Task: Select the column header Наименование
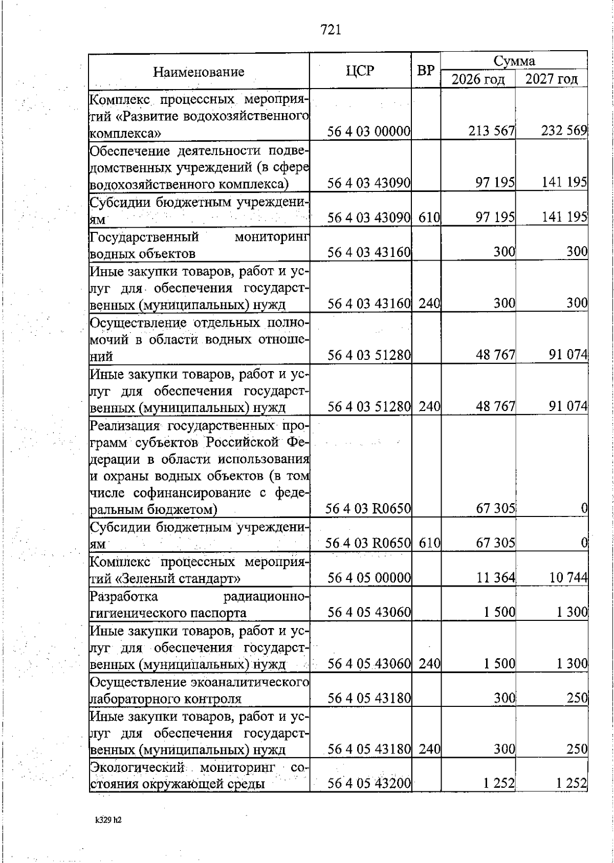click(199, 72)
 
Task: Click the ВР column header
click(426, 71)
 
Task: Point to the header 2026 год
click(478, 79)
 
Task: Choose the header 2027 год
click(552, 79)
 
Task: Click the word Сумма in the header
click(514, 61)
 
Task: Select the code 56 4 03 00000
click(369, 132)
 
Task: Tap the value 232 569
click(564, 132)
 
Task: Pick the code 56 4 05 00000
click(369, 578)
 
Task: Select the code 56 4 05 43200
click(369, 784)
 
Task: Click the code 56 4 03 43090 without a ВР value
click(369, 183)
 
